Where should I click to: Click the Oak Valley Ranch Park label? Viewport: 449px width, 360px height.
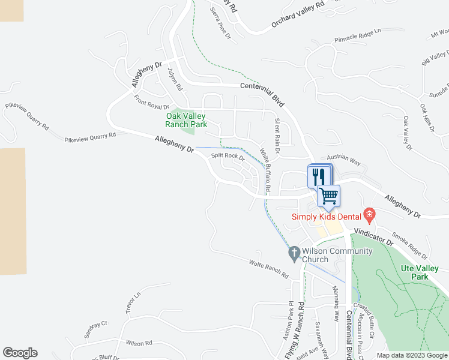point(186,120)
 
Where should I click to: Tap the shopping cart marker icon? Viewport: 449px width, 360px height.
point(328,195)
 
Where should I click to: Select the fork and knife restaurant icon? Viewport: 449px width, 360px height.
point(318,176)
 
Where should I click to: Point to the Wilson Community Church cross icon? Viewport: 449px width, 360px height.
point(294,254)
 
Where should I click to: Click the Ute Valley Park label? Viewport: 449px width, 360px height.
point(420,272)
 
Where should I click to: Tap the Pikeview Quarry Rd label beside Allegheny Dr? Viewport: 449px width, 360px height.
point(90,138)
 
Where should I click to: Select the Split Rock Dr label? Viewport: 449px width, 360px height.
point(228,157)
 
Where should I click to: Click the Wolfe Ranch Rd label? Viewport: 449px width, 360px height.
point(268,267)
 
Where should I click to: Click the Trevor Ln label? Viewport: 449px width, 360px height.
point(133,300)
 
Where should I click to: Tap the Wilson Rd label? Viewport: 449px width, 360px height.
point(139,343)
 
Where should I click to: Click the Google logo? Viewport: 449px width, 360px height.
point(20,353)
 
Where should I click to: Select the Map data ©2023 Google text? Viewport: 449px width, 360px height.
point(411,355)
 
